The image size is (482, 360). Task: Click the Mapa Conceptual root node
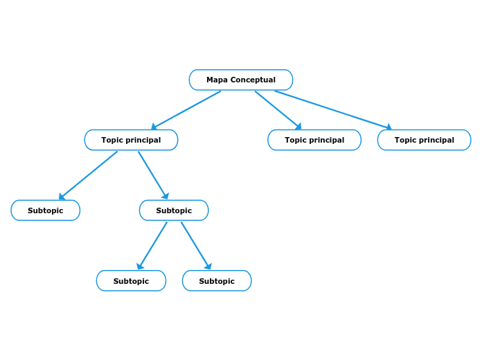(241, 80)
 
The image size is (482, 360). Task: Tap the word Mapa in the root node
(217, 80)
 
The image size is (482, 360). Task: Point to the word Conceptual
(253, 80)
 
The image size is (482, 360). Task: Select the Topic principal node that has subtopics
(131, 140)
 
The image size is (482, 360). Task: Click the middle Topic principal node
(314, 140)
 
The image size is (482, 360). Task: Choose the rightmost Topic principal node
(424, 140)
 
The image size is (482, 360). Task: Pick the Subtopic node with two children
(174, 210)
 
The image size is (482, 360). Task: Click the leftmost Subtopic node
(46, 210)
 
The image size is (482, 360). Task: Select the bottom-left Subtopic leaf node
(131, 281)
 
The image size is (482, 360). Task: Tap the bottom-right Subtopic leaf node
(217, 281)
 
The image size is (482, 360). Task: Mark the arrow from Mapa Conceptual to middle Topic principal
(278, 110)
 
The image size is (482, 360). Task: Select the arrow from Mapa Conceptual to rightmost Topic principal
(332, 109)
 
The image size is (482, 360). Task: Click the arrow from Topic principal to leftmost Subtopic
(88, 175)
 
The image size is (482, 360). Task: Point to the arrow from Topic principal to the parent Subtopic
(153, 175)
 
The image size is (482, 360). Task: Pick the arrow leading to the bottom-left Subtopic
(152, 246)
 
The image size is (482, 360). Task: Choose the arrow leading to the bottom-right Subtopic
(196, 246)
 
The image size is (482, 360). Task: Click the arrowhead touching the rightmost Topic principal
(389, 127)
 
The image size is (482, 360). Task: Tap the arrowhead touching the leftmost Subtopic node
(62, 197)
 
